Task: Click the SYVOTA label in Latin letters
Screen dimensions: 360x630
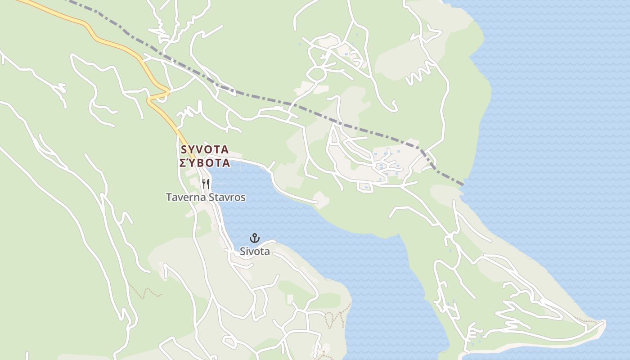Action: coord(205,149)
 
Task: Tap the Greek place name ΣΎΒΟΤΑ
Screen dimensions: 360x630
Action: coord(205,163)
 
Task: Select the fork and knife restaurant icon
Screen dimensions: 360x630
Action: coord(206,184)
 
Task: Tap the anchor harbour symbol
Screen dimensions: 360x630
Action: coord(255,238)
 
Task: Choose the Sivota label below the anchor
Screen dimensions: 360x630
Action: coord(255,252)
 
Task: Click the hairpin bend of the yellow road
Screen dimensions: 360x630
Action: coord(167,92)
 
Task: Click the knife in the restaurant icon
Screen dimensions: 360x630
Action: coord(208,184)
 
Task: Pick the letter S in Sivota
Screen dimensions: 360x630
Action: coord(243,252)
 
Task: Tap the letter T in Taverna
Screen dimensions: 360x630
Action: coord(169,197)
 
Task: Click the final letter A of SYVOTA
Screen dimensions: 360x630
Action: coord(225,149)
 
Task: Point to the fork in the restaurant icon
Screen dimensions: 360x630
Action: coord(204,184)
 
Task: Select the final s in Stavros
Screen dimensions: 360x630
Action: coord(243,197)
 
